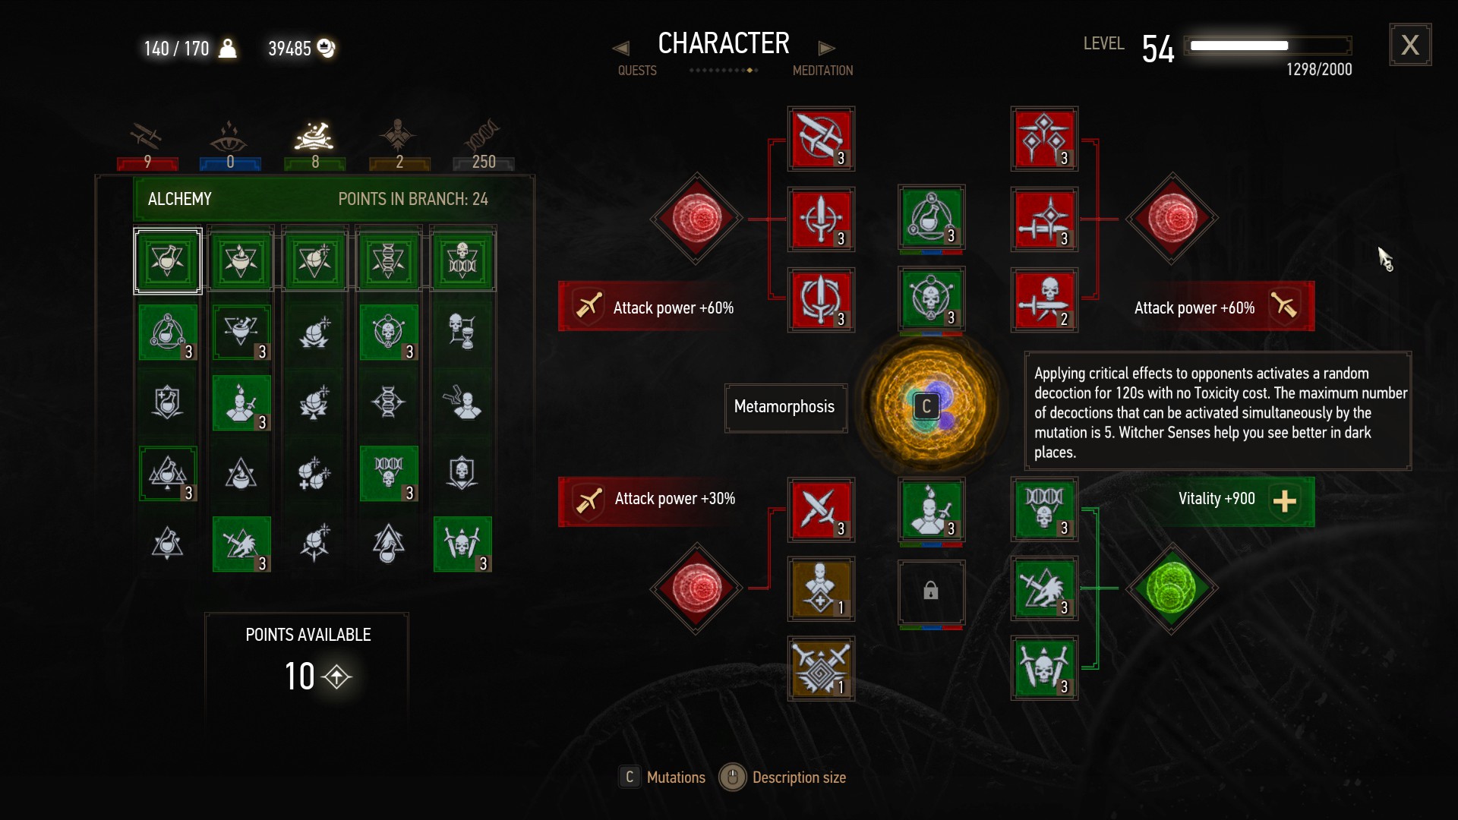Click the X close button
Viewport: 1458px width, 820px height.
tap(1410, 45)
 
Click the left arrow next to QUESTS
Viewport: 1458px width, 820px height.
tap(620, 48)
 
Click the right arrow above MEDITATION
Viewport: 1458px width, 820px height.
tap(826, 48)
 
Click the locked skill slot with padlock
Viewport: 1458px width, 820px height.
tap(931, 591)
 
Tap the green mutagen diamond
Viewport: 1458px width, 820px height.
tap(1172, 588)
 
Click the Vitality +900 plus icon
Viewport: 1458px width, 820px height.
tap(1284, 501)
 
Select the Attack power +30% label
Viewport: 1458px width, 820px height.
tap(674, 499)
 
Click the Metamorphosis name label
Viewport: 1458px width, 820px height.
tap(784, 407)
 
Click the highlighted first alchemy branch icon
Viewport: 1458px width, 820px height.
tap(168, 260)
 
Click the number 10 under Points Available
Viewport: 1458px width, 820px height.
tap(300, 676)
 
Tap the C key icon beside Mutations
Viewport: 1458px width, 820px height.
tap(630, 777)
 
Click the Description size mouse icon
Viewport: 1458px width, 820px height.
tap(733, 777)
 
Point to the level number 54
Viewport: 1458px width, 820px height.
tap(1158, 49)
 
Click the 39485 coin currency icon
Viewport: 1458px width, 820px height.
tap(326, 48)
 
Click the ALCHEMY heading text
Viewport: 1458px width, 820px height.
tap(180, 199)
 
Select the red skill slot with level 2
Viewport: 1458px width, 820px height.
tap(1044, 300)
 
